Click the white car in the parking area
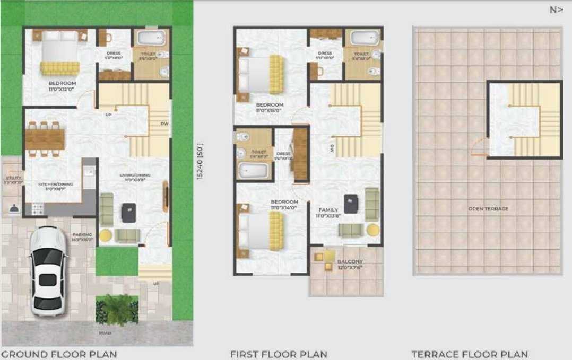click(x=48, y=270)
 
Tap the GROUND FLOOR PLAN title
click(x=59, y=354)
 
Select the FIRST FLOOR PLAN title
click(x=279, y=354)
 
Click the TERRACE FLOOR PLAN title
click(x=470, y=354)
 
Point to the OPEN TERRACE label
click(x=488, y=209)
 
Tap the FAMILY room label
click(x=328, y=210)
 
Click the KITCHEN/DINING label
click(x=55, y=185)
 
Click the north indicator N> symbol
click(x=556, y=10)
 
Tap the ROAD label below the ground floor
click(x=105, y=333)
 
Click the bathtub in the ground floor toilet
click(x=150, y=39)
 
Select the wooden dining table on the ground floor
click(x=45, y=139)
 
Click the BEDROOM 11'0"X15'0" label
click(x=270, y=108)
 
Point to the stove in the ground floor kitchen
click(x=38, y=209)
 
